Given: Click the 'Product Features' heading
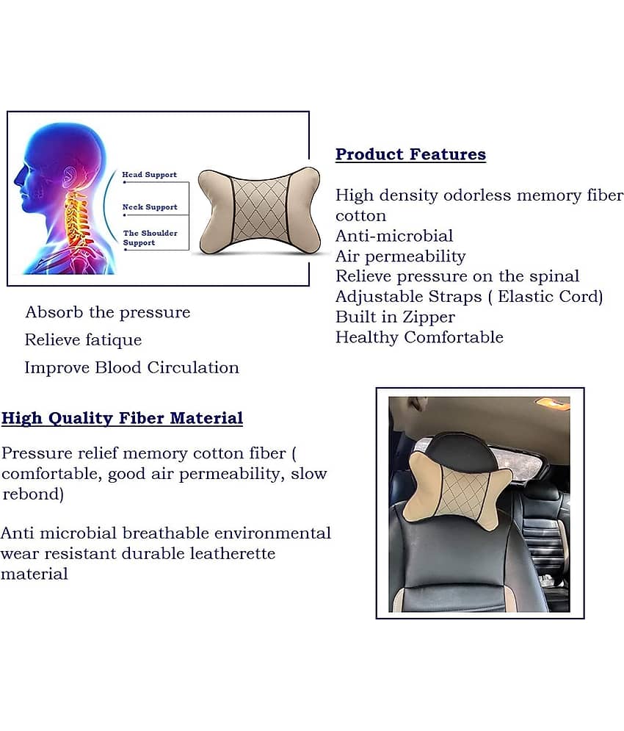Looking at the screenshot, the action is pyautogui.click(x=410, y=154).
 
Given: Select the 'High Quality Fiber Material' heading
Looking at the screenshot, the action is pyautogui.click(x=122, y=418).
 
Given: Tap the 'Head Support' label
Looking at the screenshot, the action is pyautogui.click(x=149, y=174).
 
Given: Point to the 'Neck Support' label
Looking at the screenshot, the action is pyautogui.click(x=150, y=206).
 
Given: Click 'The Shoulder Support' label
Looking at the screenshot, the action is pyautogui.click(x=150, y=237).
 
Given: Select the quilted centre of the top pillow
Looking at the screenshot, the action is pyautogui.click(x=260, y=210).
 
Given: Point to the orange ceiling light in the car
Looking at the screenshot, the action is pyautogui.click(x=552, y=403).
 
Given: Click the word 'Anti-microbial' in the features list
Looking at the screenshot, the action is pyautogui.click(x=394, y=235).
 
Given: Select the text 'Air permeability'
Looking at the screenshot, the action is pyautogui.click(x=401, y=256).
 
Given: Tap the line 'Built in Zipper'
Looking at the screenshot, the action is pyautogui.click(x=395, y=317).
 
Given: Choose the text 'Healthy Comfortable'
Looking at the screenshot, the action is pyautogui.click(x=419, y=337).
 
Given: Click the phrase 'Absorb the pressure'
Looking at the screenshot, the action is pyautogui.click(x=108, y=312).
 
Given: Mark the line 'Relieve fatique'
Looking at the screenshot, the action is pyautogui.click(x=83, y=340).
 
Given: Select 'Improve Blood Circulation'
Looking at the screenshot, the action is pyautogui.click(x=131, y=367).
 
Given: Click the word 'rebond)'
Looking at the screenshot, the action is pyautogui.click(x=32, y=494).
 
